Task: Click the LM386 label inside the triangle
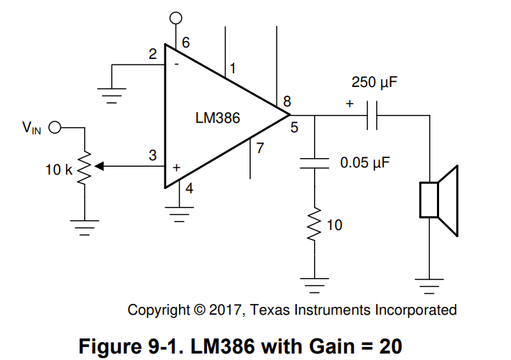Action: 217,118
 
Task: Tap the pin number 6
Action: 185,42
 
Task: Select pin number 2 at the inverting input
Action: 152,54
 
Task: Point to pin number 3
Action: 152,155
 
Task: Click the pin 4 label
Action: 189,188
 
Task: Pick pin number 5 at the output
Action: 294,127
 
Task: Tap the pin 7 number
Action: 259,148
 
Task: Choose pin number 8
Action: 287,101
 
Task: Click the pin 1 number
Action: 233,68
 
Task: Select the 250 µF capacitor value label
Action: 374,82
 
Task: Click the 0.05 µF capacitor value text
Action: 365,162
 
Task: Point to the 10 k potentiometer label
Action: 59,170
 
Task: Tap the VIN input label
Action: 32,128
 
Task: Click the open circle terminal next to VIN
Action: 55,127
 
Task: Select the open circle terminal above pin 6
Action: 176,18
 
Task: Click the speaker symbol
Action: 439,200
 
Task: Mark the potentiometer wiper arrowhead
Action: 99,167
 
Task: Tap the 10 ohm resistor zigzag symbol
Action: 315,225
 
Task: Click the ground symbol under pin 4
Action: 179,214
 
